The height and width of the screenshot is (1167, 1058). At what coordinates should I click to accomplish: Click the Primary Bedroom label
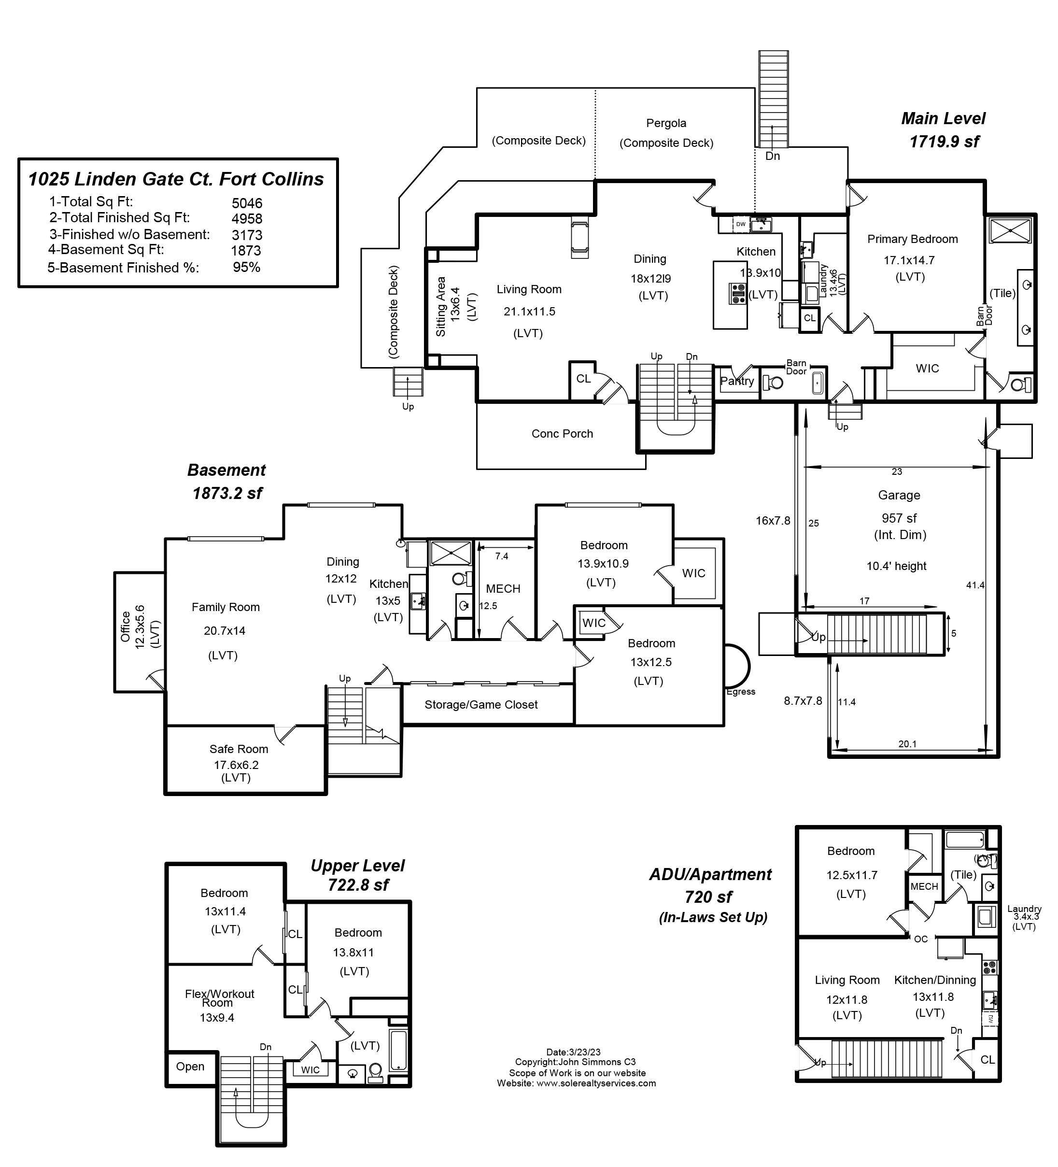[912, 239]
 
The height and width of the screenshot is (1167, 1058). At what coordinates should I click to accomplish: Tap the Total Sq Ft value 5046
[247, 203]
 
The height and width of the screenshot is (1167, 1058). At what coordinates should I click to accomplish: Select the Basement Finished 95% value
[247, 268]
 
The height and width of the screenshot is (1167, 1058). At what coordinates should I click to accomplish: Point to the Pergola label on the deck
[666, 123]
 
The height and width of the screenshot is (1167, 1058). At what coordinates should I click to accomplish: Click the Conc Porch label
[562, 434]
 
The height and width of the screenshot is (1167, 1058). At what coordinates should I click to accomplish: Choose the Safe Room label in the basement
[239, 749]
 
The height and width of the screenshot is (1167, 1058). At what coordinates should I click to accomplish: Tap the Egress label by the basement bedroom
[741, 692]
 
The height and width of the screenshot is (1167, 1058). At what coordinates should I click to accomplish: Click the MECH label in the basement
[503, 589]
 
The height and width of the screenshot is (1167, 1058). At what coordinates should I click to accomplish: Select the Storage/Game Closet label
[481, 704]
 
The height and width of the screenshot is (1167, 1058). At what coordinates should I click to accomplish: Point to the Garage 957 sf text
[899, 518]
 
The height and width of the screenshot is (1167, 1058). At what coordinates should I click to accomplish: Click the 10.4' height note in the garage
[896, 566]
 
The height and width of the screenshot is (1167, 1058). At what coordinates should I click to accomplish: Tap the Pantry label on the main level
[737, 381]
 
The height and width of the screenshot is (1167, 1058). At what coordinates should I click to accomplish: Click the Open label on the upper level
[190, 1066]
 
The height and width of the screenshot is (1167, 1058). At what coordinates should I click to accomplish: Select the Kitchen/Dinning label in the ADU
[935, 980]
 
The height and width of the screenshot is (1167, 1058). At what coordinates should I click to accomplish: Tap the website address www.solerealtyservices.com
[596, 1083]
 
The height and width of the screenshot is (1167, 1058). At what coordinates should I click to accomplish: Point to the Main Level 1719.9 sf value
[944, 141]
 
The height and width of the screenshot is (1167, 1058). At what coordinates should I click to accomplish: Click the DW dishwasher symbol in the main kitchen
[740, 224]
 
